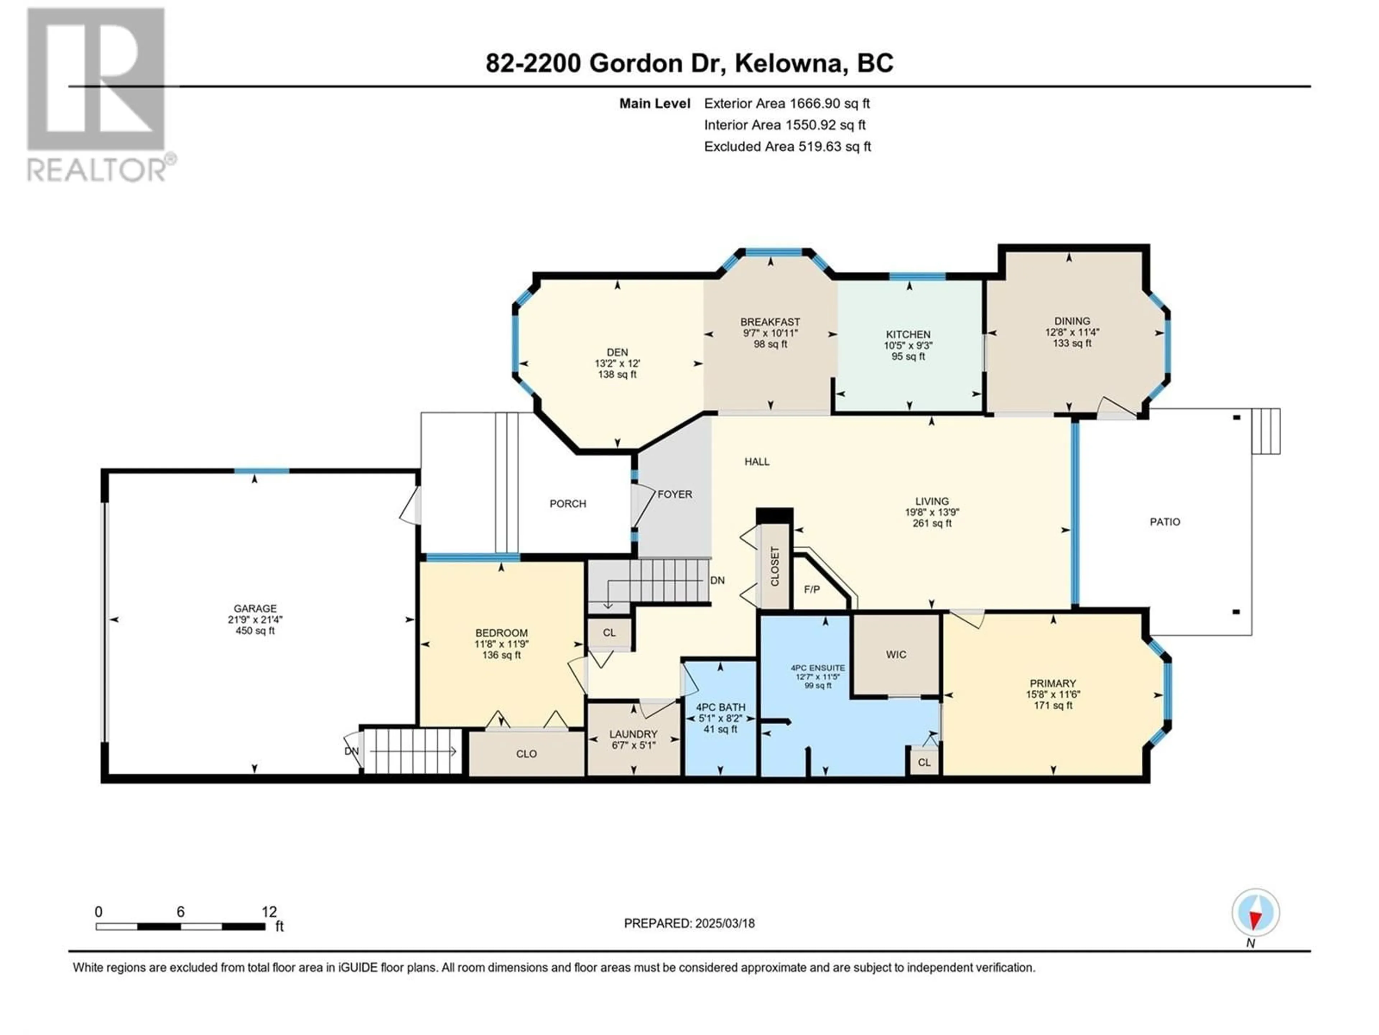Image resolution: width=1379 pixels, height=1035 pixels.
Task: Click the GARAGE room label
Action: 255,608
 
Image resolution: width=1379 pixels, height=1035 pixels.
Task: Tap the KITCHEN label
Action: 908,334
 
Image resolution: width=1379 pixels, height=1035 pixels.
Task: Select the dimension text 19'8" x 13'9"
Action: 932,512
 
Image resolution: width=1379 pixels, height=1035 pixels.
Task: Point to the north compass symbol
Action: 1255,913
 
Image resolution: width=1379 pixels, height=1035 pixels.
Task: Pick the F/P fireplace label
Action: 812,589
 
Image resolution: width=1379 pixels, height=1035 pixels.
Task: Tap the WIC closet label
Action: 896,654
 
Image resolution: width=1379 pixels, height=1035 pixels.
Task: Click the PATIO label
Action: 1165,521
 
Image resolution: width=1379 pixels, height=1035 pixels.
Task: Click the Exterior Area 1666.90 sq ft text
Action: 787,103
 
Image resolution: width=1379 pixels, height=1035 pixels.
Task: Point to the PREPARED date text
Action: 689,923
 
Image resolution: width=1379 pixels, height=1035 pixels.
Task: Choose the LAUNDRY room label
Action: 633,734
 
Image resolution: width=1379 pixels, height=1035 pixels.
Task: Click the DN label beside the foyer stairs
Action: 718,580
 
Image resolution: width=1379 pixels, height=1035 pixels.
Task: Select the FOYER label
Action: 674,494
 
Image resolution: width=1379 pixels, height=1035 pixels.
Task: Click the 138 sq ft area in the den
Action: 617,374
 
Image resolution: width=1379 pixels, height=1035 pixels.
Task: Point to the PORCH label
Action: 567,503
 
